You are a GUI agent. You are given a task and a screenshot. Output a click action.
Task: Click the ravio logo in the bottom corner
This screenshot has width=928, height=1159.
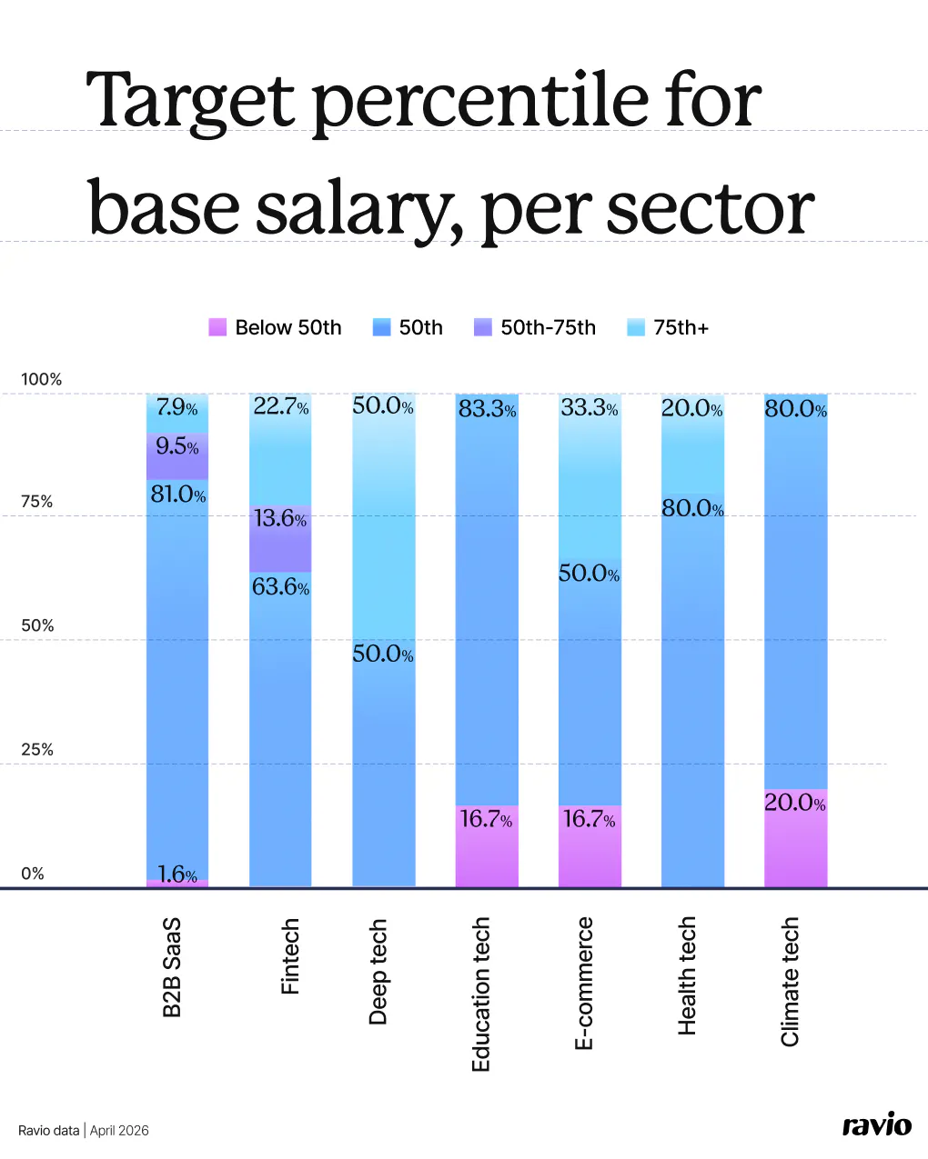click(876, 1125)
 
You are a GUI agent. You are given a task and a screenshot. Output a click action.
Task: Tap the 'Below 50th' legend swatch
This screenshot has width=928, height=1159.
click(217, 327)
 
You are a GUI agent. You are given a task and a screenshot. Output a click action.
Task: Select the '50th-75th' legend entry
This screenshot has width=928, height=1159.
click(535, 327)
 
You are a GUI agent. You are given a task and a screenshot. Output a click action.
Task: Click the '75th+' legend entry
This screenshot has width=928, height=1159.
click(668, 327)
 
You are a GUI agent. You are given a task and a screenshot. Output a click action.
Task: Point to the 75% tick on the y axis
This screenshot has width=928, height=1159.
click(36, 502)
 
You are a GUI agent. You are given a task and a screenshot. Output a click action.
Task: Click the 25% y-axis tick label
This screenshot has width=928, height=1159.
click(36, 750)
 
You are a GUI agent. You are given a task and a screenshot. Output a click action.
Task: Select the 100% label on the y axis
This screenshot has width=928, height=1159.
click(41, 379)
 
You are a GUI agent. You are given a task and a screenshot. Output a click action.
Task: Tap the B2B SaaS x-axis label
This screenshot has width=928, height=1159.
click(172, 967)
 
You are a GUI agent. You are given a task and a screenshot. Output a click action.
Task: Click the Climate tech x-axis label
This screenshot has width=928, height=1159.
click(790, 981)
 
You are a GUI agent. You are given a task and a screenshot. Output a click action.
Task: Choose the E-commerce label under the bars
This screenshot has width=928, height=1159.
click(584, 983)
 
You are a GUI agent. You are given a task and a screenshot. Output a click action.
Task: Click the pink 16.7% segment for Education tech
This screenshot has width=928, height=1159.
click(487, 846)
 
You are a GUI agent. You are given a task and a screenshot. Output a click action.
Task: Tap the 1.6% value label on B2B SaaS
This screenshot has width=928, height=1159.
click(177, 874)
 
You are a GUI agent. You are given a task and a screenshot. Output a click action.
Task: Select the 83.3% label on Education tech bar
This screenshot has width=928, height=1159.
click(487, 409)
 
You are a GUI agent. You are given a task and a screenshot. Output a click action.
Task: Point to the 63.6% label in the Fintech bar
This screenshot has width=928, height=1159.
click(280, 587)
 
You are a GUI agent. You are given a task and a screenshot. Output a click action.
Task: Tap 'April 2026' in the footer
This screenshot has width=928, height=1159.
click(119, 1131)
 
